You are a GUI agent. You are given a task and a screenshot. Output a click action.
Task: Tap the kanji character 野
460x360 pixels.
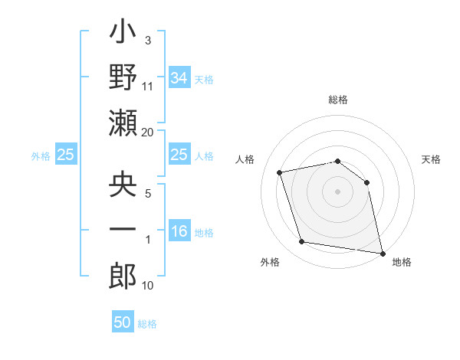[123, 78]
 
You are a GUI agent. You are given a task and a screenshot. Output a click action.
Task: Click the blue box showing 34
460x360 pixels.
[179, 78]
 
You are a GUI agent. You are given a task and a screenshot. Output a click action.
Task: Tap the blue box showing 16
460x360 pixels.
[179, 231]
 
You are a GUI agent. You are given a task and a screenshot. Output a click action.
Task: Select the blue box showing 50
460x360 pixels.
[123, 322]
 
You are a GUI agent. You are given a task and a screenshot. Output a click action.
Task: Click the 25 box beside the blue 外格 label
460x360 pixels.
[65, 155]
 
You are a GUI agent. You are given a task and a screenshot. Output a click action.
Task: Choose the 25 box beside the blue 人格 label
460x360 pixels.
[179, 155]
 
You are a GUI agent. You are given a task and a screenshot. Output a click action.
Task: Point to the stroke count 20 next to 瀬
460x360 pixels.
[148, 133]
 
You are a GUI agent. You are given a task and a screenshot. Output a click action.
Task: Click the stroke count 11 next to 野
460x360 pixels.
[148, 87]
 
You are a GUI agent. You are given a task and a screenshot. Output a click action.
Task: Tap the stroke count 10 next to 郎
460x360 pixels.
[148, 286]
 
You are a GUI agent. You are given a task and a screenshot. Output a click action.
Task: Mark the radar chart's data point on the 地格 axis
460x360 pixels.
[381, 252]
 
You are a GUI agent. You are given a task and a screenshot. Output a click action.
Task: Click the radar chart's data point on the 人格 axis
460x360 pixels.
[280, 172]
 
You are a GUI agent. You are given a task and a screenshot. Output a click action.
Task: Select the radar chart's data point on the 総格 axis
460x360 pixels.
[338, 161]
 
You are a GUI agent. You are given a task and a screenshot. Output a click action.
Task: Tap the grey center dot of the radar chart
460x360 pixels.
[338, 191]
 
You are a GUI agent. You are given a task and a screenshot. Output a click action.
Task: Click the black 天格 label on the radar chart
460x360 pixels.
[431, 159]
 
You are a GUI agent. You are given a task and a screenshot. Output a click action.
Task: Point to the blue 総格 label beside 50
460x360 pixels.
[147, 324]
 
